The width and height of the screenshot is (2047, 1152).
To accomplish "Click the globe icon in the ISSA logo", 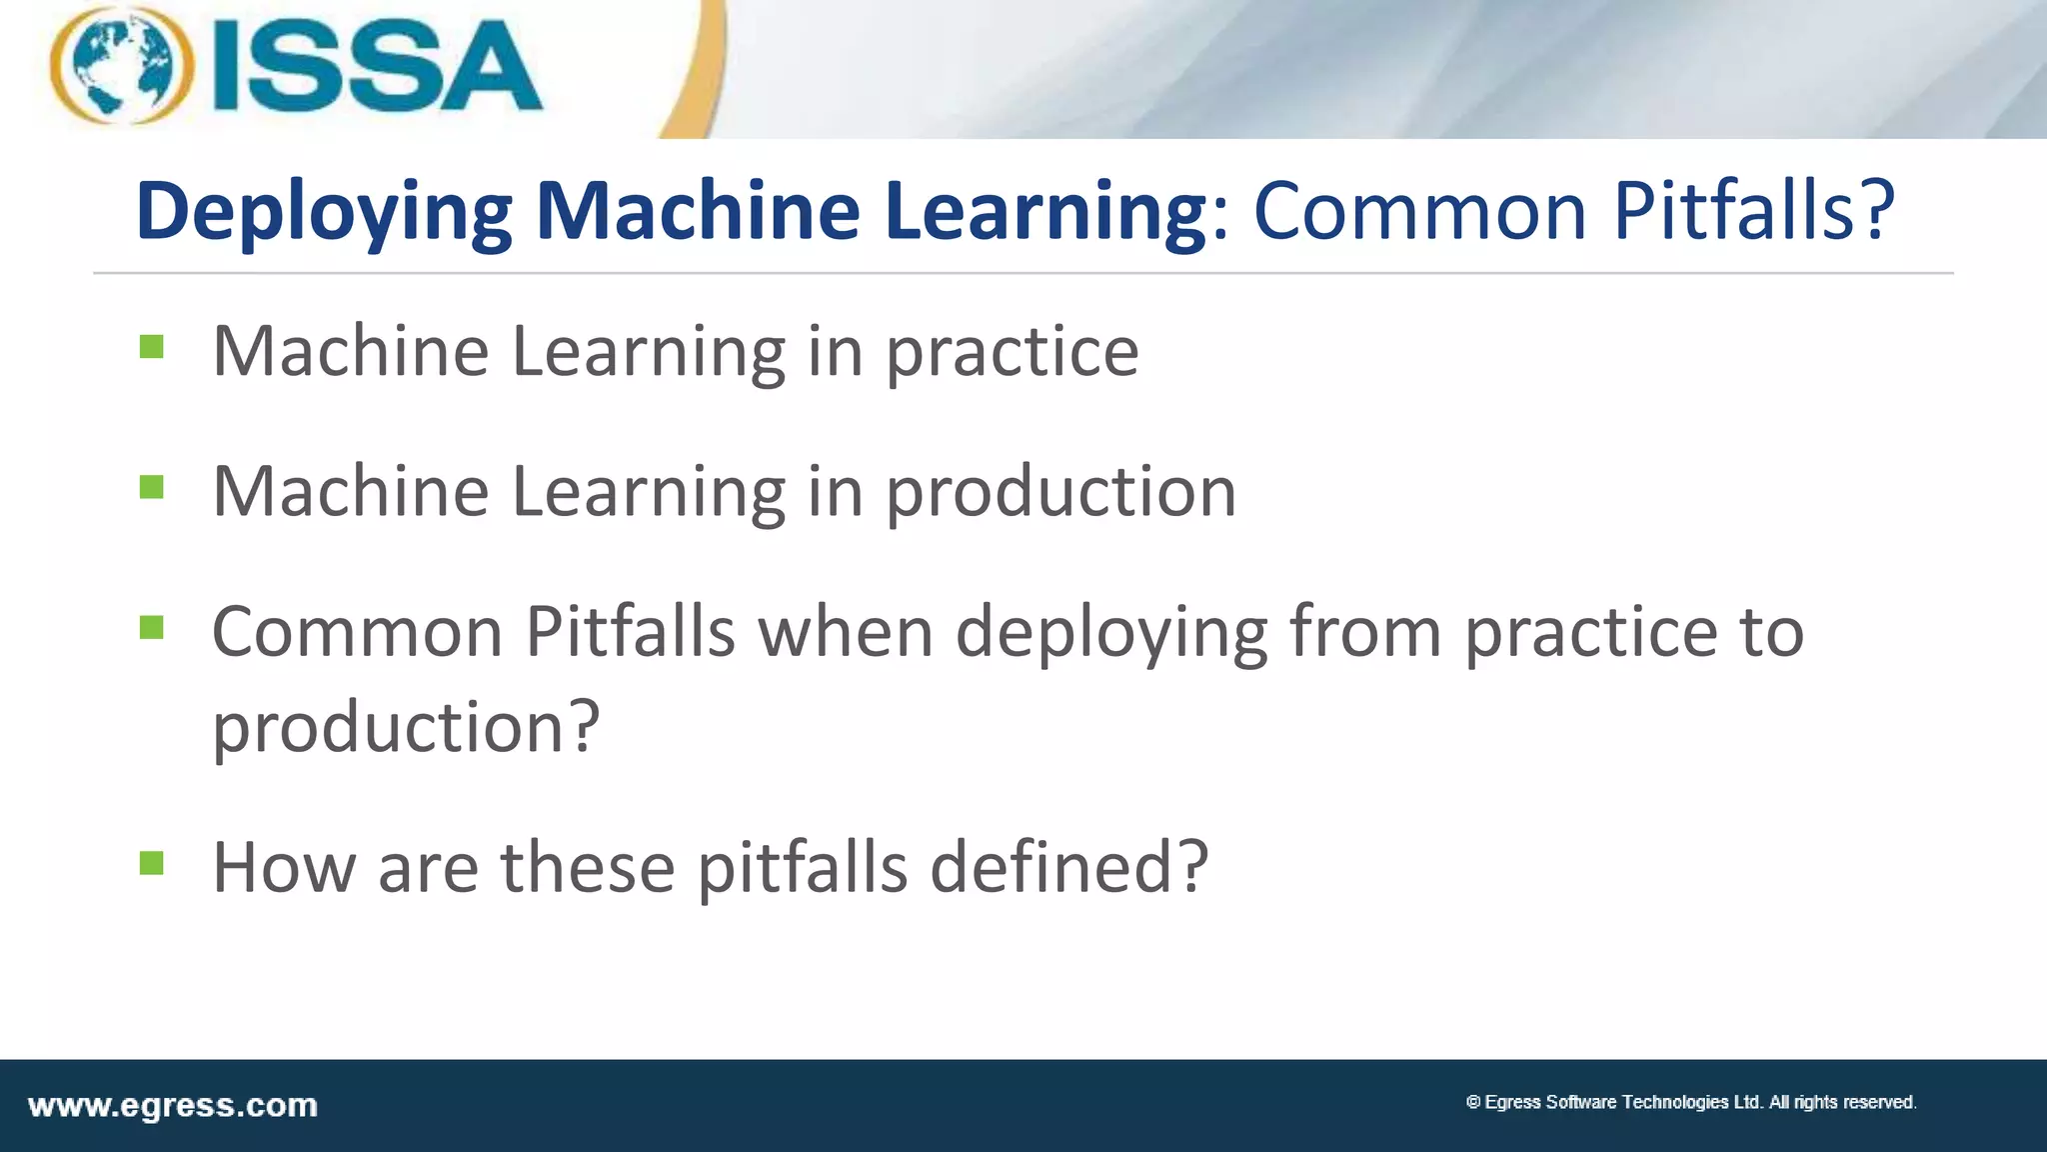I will pos(122,65).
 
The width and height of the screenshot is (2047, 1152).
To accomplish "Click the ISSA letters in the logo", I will pos(378,67).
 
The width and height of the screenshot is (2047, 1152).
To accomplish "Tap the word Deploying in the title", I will pos(324,211).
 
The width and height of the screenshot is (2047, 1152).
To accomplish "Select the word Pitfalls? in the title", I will pos(1754,211).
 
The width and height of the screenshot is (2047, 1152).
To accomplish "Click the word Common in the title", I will pos(1419,211).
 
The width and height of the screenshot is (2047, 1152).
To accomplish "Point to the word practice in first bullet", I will pos(1012,353).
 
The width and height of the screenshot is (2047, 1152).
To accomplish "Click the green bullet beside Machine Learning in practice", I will pos(152,347).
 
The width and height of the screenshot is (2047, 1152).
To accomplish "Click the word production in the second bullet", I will pos(1060,493).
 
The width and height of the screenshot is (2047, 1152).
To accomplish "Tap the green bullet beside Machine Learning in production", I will pos(152,487).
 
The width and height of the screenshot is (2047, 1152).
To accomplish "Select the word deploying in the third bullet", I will pos(1111,634).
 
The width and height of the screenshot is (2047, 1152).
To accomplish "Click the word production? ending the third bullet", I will pos(406,727).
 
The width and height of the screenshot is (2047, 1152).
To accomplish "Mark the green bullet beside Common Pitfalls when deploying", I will pos(152,628).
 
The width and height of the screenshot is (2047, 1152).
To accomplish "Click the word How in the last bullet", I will pos(284,867).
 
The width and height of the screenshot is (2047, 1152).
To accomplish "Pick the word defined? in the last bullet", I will pos(1069,867).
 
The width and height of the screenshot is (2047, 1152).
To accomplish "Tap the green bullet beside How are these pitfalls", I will pos(152,862).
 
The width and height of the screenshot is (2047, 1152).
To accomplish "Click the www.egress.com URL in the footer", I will pos(173,1106).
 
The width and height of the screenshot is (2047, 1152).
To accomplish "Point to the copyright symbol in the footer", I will pos(1472,1102).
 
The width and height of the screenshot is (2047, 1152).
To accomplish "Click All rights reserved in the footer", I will pos(1842,1102).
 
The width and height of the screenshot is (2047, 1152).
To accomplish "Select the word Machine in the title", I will pos(697,211).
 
